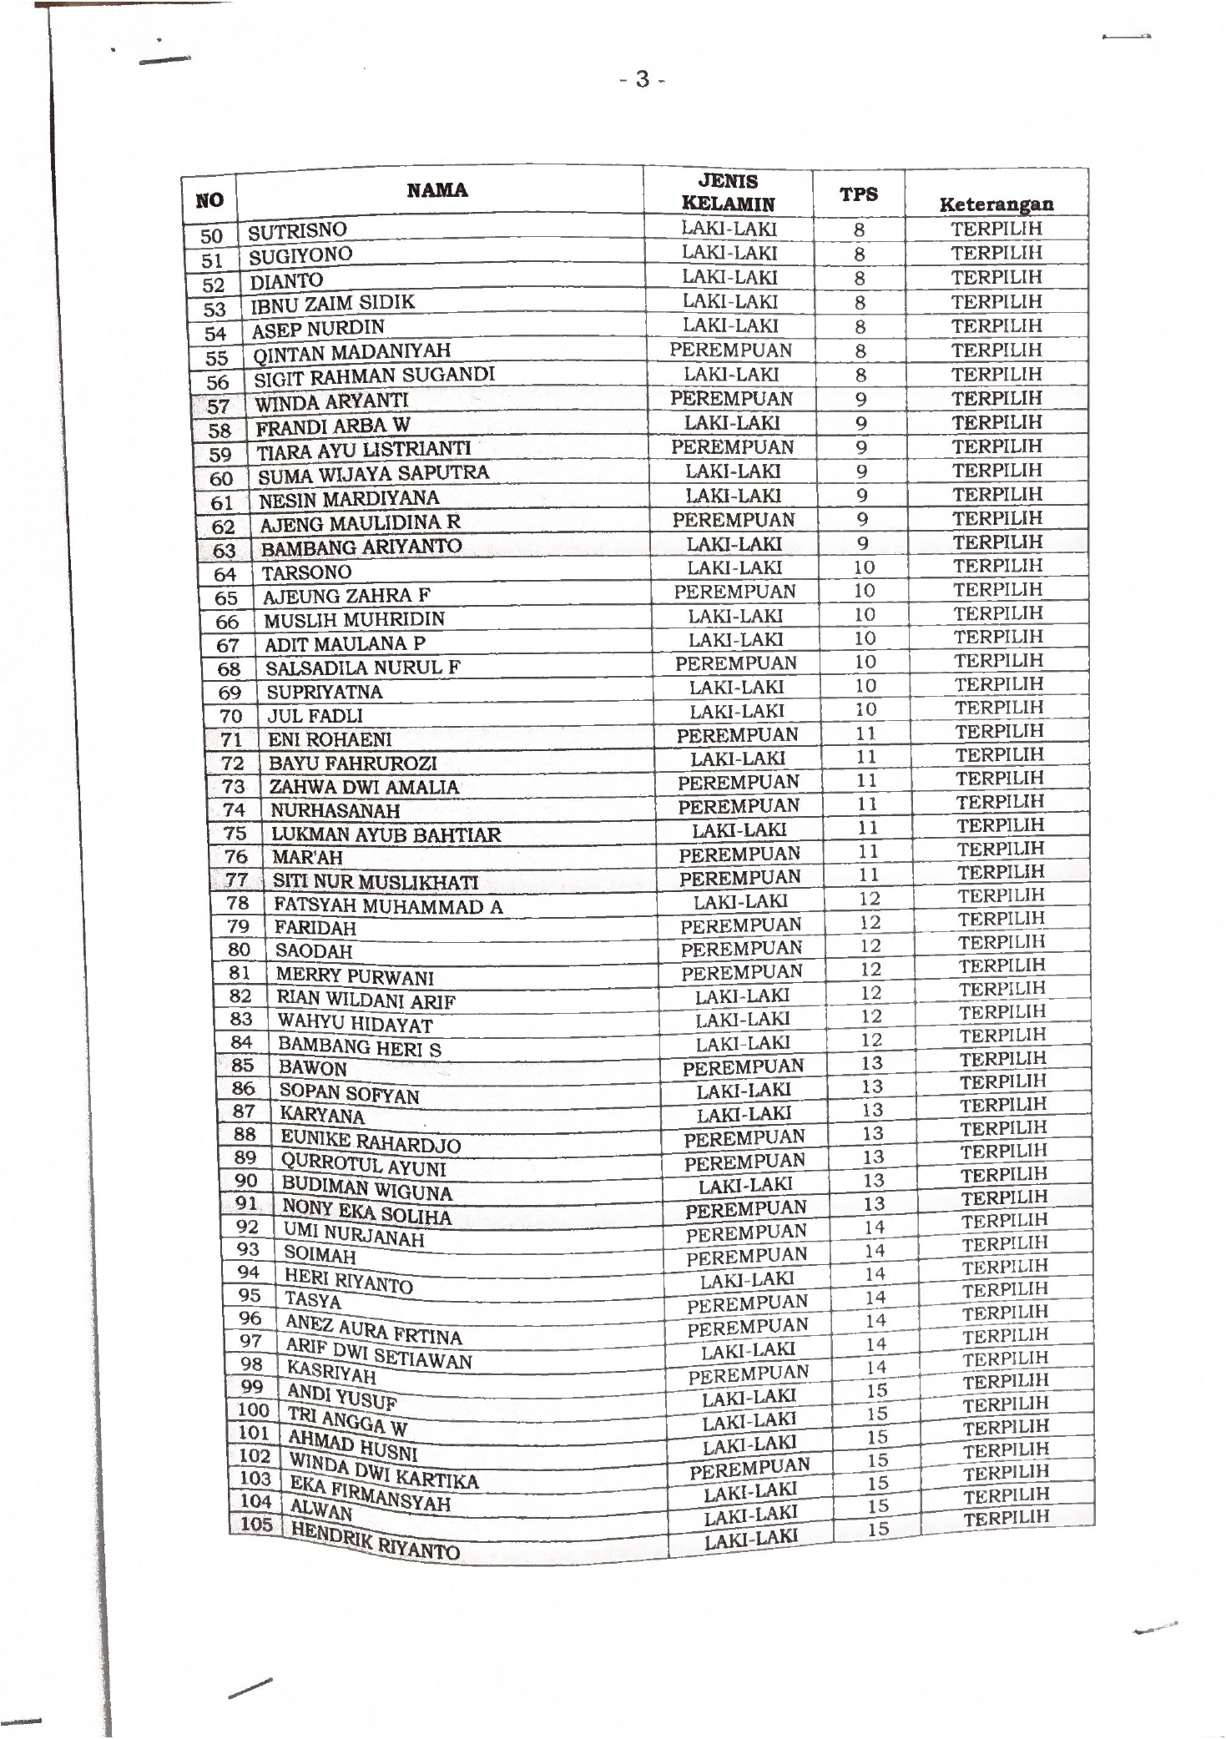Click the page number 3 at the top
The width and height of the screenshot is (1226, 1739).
[x=642, y=80]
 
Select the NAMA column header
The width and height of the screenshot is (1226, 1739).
[x=437, y=190]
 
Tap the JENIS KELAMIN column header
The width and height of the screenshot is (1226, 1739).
[x=728, y=193]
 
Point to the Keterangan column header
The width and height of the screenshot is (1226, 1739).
[x=996, y=204]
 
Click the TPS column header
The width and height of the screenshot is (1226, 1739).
[x=859, y=194]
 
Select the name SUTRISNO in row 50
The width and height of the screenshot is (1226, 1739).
[x=298, y=230]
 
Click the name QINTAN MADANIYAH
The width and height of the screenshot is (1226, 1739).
[x=351, y=352]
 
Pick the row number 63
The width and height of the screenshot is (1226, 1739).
[x=225, y=551]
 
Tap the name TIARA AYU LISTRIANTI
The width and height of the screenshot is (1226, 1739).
[x=364, y=451]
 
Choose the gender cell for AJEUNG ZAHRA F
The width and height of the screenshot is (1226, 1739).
[x=735, y=592]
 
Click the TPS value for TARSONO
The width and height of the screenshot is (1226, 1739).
[x=865, y=567]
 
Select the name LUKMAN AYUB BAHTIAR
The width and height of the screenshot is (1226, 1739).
[x=386, y=834]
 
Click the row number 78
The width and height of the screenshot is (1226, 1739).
[x=238, y=902]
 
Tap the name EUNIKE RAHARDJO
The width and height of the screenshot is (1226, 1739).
[x=371, y=1140]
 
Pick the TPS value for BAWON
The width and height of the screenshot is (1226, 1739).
[x=872, y=1063]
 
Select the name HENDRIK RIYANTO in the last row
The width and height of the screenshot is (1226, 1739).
[x=374, y=1546]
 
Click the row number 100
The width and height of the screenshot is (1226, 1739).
[x=253, y=1409]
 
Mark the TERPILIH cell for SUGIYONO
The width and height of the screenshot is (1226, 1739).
[x=996, y=253]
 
